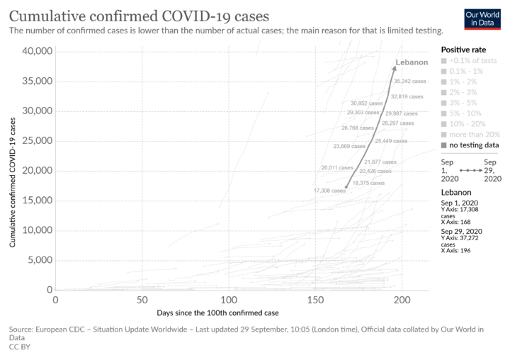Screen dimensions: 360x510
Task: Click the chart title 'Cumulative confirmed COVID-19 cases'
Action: (x=139, y=16)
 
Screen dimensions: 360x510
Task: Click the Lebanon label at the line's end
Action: (x=412, y=62)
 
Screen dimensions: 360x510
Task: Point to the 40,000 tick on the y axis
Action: (x=37, y=51)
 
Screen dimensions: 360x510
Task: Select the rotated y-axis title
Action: (x=13, y=183)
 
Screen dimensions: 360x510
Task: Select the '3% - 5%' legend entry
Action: (x=465, y=102)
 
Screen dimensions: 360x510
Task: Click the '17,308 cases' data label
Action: (x=329, y=191)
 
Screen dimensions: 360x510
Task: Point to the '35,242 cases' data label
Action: (x=410, y=81)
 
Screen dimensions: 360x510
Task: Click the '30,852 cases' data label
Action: (x=366, y=103)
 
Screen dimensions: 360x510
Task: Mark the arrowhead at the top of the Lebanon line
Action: (x=395, y=67)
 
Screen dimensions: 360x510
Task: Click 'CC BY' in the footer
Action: (x=19, y=347)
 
